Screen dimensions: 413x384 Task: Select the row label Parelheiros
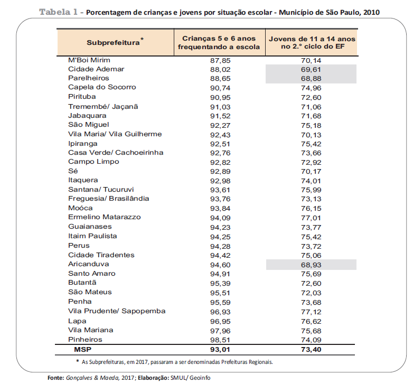point(89,78)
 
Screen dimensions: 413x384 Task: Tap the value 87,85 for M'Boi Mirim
point(220,61)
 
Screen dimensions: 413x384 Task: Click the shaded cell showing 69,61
point(311,70)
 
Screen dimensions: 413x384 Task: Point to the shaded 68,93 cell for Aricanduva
point(311,265)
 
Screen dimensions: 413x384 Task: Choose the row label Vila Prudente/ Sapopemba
point(117,311)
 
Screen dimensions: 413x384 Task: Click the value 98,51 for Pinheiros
point(220,340)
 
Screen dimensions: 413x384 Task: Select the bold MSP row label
point(83,350)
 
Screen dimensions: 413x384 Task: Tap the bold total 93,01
point(220,350)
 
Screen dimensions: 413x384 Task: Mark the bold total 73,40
point(311,350)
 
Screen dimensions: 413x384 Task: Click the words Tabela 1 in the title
point(58,12)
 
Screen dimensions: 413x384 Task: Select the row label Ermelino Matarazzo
point(104,217)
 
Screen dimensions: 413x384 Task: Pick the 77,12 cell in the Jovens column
point(311,312)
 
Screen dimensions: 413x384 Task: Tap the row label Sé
point(73,171)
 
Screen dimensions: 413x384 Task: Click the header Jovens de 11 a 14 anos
point(312,39)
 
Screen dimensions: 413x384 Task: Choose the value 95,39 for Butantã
point(220,284)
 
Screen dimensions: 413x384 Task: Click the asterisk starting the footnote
point(78,361)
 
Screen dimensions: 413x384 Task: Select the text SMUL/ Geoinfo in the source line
point(191,378)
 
